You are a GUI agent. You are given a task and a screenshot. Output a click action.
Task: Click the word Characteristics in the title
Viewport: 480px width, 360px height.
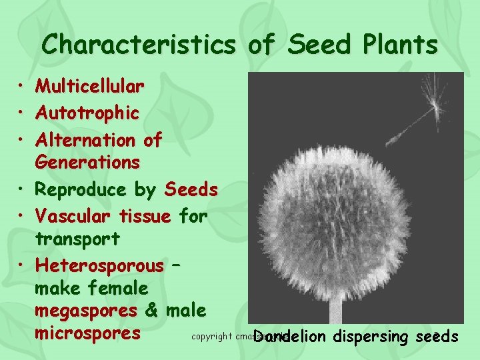[138, 45]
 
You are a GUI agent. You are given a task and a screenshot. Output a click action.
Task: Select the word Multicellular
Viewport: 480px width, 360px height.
[89, 87]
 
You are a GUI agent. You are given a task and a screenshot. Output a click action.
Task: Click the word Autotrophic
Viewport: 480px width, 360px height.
[87, 114]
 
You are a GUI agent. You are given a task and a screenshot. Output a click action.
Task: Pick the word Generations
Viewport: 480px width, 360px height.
[87, 163]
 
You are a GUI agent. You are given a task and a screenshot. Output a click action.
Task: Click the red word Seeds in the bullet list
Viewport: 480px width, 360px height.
[191, 190]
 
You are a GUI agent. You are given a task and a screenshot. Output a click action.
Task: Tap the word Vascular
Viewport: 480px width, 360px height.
[75, 217]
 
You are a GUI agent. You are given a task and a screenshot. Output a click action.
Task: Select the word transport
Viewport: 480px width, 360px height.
[77, 239]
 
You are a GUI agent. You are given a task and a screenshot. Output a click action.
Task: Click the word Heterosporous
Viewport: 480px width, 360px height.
[99, 265]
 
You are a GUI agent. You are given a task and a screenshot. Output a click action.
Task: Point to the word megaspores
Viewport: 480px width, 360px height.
[86, 311]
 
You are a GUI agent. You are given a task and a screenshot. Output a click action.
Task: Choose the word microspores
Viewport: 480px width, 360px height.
[88, 333]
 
